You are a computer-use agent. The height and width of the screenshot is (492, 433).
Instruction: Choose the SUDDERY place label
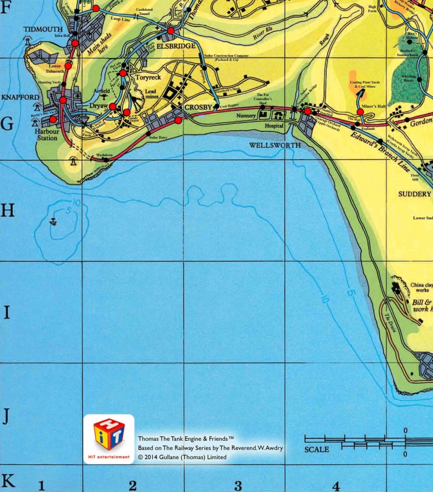(x=415, y=194)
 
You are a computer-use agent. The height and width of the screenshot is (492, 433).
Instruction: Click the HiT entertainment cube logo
(x=109, y=435)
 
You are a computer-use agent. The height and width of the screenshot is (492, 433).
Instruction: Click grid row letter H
(x=7, y=210)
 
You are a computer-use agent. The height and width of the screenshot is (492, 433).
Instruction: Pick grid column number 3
(x=238, y=485)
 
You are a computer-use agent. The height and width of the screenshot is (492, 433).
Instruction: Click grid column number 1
(x=42, y=485)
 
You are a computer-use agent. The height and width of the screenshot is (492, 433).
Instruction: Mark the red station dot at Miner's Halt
(x=360, y=112)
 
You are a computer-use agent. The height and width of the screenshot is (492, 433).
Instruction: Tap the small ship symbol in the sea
(x=53, y=221)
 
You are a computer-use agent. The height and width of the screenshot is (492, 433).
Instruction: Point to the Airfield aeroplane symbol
(x=104, y=96)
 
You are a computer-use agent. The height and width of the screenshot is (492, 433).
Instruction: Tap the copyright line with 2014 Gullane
(x=182, y=457)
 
